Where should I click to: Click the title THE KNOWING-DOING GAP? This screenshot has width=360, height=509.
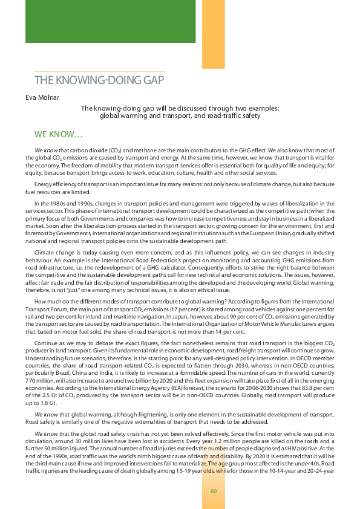99,80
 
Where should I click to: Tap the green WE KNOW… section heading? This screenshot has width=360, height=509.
63,134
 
